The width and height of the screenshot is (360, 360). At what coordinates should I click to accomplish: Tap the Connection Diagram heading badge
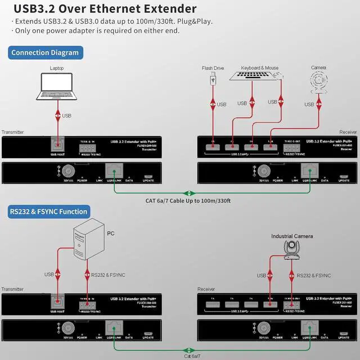46,53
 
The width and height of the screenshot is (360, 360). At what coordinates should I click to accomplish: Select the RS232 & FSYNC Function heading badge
49,211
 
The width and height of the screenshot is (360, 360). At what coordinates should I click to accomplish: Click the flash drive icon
213,80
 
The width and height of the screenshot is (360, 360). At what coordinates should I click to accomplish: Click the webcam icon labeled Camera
318,82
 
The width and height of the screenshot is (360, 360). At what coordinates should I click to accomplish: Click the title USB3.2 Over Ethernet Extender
105,8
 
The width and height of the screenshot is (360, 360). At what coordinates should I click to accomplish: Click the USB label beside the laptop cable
67,116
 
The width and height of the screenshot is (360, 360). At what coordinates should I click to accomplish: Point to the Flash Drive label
213,68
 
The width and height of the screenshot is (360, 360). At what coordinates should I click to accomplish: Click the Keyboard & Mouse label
260,68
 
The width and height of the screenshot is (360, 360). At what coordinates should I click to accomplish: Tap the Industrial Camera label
292,236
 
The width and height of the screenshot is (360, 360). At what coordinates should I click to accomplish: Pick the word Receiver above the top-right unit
348,132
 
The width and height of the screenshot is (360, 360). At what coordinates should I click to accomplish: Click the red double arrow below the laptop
57,115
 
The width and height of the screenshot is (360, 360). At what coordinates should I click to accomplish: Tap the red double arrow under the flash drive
213,105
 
